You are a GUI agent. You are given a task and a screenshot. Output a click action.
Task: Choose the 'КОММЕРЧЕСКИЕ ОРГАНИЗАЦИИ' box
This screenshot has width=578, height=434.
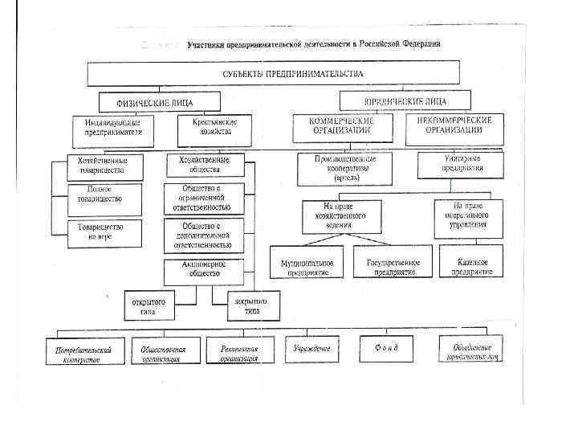[x=341, y=125]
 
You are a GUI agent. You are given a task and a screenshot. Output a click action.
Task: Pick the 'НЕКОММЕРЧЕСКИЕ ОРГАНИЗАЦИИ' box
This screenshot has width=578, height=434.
[x=454, y=125]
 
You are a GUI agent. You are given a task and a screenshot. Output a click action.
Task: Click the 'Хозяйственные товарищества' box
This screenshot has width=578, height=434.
[x=98, y=166]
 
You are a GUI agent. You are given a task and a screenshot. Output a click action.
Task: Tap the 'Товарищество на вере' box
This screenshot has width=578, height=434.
[x=98, y=232]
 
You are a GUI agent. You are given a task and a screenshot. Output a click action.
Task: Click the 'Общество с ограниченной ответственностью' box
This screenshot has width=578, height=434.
[x=197, y=197]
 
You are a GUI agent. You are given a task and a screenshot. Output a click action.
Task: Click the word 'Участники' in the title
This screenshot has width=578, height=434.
[x=208, y=44]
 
